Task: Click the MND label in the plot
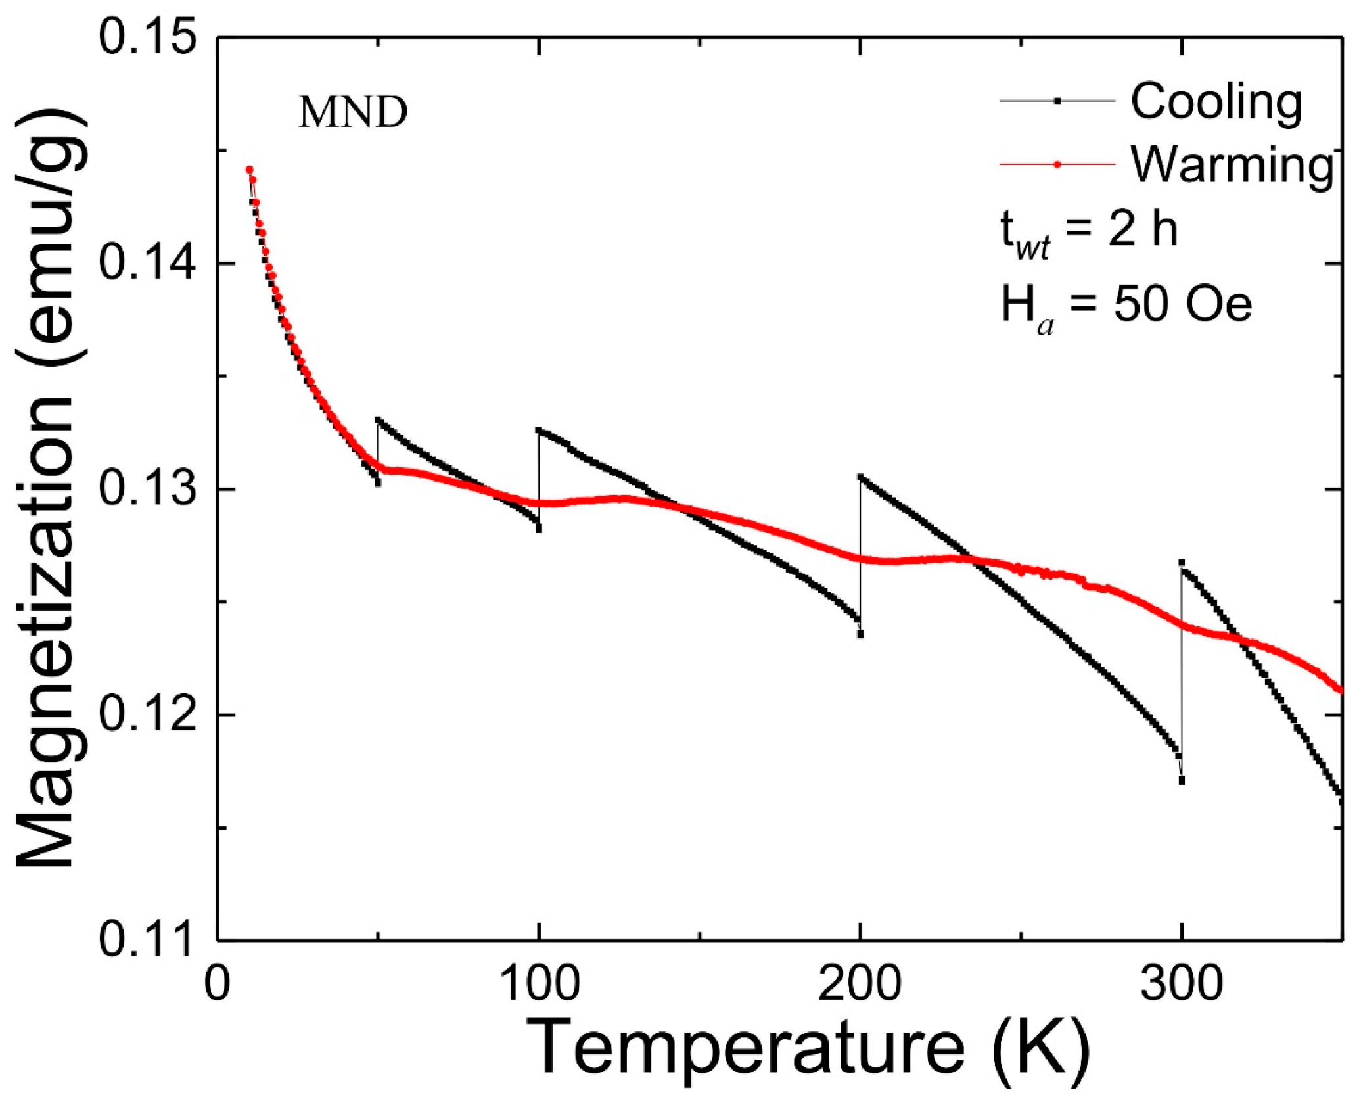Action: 353,112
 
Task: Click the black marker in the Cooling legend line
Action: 1057,101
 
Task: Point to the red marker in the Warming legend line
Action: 1057,164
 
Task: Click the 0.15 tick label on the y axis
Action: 148,38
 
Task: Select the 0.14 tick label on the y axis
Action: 148,264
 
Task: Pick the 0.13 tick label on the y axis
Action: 148,489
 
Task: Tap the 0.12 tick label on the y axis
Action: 148,714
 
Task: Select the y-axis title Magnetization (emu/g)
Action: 49,490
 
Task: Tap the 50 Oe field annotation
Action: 1126,306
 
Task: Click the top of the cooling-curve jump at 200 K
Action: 860,477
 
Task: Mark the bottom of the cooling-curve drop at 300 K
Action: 1182,781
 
